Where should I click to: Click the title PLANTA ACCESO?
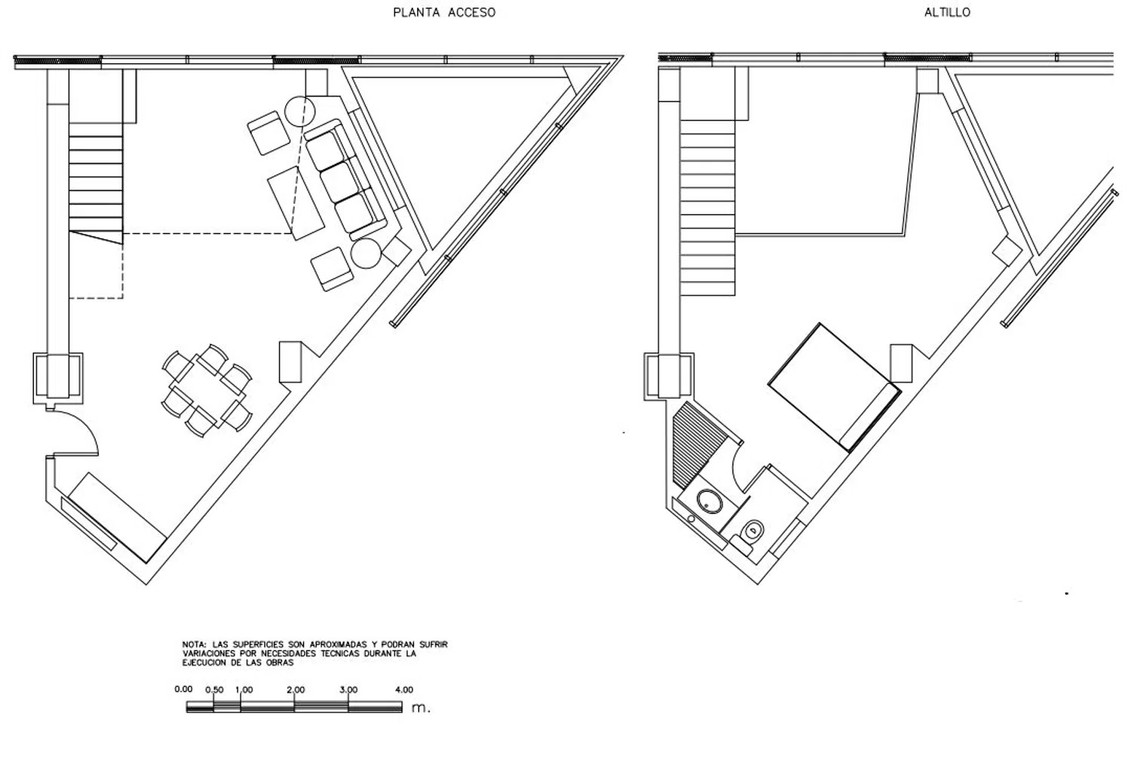pyautogui.click(x=444, y=13)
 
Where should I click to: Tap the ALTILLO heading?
pyautogui.click(x=947, y=13)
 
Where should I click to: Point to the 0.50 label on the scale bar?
pyautogui.click(x=214, y=690)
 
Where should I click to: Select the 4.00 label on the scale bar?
pyautogui.click(x=403, y=690)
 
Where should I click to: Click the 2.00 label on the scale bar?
pyautogui.click(x=296, y=690)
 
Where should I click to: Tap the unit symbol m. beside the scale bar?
pyautogui.click(x=421, y=709)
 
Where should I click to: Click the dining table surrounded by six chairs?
pyautogui.click(x=207, y=390)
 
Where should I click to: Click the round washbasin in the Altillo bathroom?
pyautogui.click(x=709, y=501)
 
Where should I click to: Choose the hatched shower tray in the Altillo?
pyautogui.click(x=698, y=445)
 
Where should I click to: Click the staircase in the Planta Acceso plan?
pyautogui.click(x=96, y=181)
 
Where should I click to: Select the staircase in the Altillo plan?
pyautogui.click(x=707, y=211)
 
